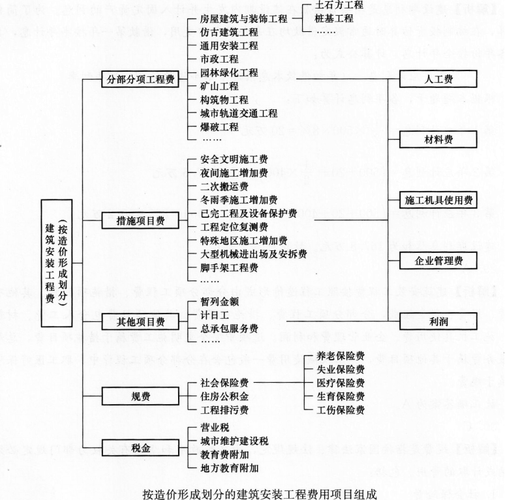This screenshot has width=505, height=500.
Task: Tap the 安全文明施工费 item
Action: pyautogui.click(x=235, y=158)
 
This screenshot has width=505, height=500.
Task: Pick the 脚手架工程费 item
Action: pyautogui.click(x=230, y=267)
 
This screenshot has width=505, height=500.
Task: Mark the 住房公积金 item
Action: pyautogui.click(x=224, y=396)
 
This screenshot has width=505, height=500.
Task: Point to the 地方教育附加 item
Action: pyautogui.click(x=230, y=466)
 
